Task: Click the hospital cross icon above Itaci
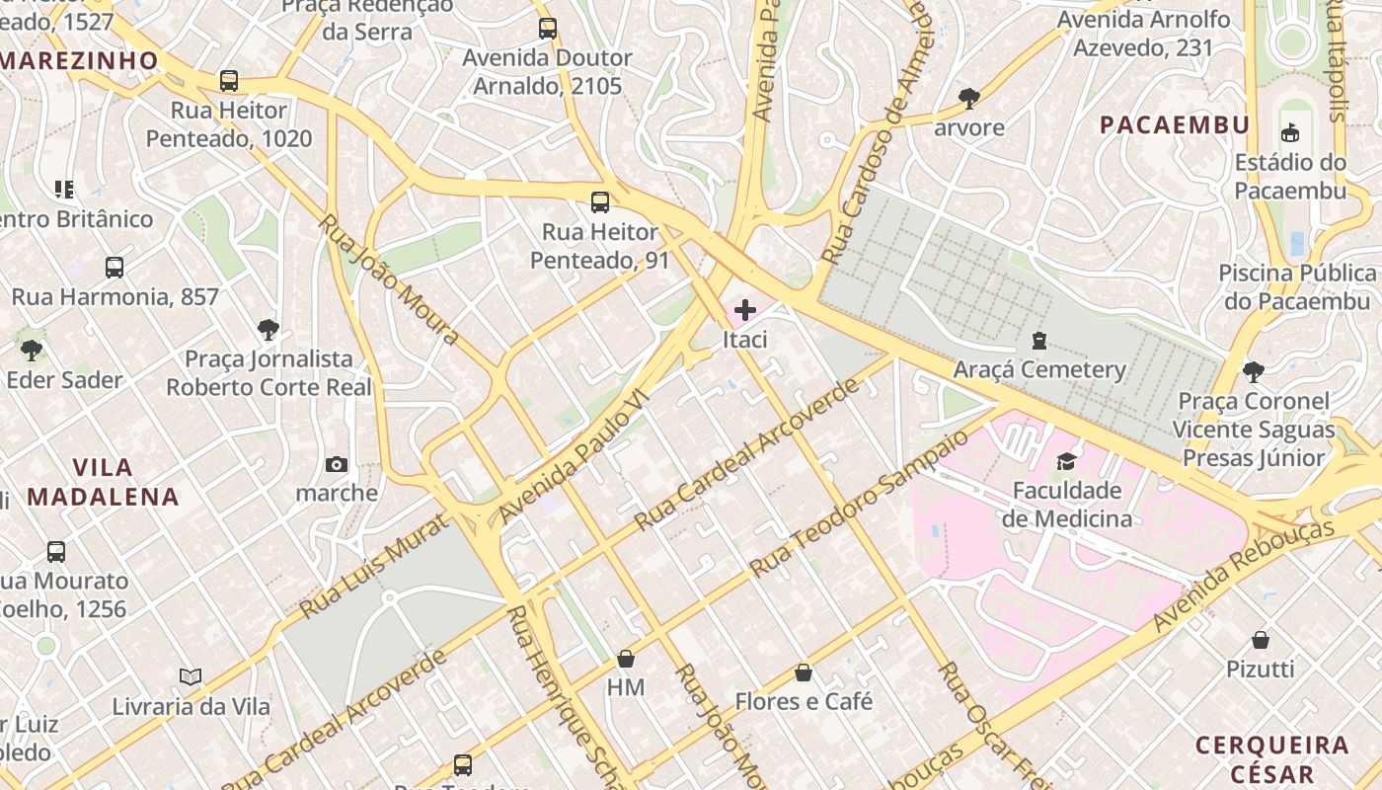pos(745,310)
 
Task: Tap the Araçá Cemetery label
pos(1038,369)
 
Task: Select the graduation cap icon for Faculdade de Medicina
pos(1066,461)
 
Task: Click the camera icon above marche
pos(337,464)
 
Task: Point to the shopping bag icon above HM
pos(625,659)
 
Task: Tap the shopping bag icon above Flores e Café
pos(804,672)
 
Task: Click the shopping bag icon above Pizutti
pos(1261,640)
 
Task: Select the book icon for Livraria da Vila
pos(191,677)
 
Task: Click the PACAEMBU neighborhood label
pos(1175,125)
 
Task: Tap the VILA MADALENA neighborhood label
pos(103,482)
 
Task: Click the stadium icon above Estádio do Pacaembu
pos(1289,132)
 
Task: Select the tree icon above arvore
pos(969,98)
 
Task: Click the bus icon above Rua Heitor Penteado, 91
pos(600,202)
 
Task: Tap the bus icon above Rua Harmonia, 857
pos(115,267)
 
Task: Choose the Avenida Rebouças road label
pos(1243,574)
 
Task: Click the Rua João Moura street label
pos(389,279)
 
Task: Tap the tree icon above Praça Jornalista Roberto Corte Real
pos(268,329)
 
